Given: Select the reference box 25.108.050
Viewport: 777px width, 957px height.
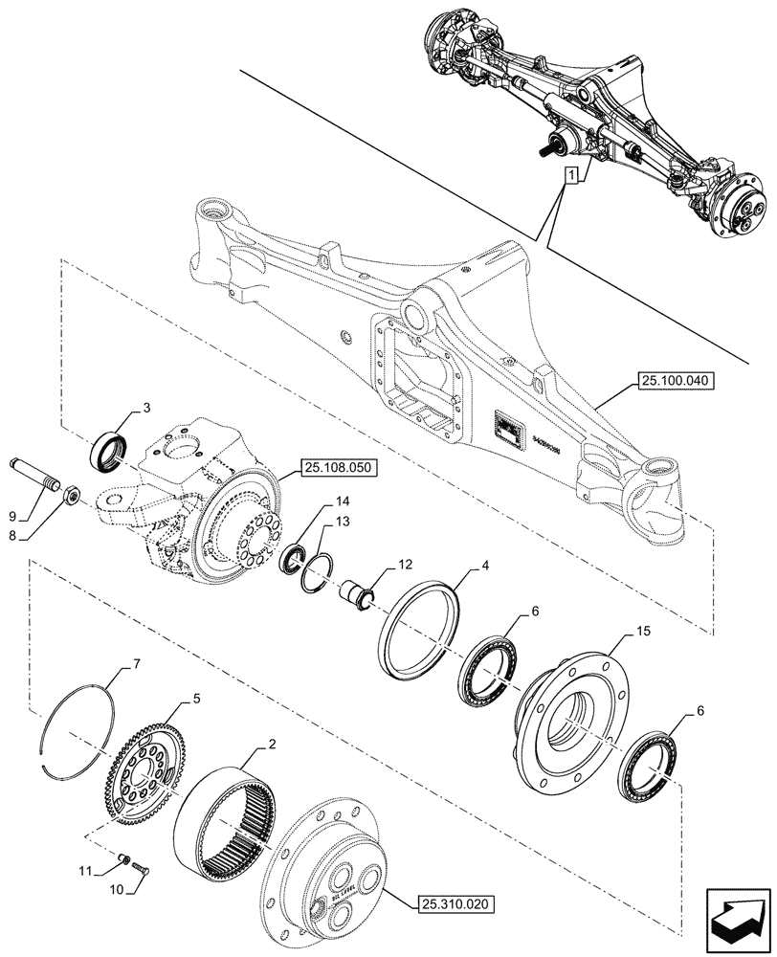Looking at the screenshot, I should [339, 468].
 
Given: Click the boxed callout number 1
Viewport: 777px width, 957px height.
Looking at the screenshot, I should [571, 176].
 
